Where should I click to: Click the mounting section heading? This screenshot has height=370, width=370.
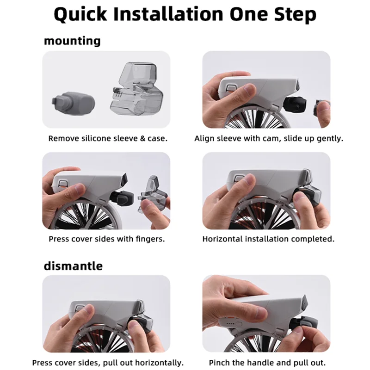pyautogui.click(x=72, y=41)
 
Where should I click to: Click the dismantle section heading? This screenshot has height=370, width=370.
pyautogui.click(x=73, y=266)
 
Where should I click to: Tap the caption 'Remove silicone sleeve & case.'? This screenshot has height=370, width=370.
pyautogui.click(x=108, y=138)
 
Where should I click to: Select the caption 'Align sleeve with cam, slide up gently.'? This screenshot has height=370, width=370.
pyautogui.click(x=269, y=138)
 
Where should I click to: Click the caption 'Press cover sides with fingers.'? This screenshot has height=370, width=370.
pyautogui.click(x=107, y=239)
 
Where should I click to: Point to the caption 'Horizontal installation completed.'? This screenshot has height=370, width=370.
pyautogui.click(x=268, y=239)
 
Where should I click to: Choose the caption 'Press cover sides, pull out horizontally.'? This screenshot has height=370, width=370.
pyautogui.click(x=107, y=363)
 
